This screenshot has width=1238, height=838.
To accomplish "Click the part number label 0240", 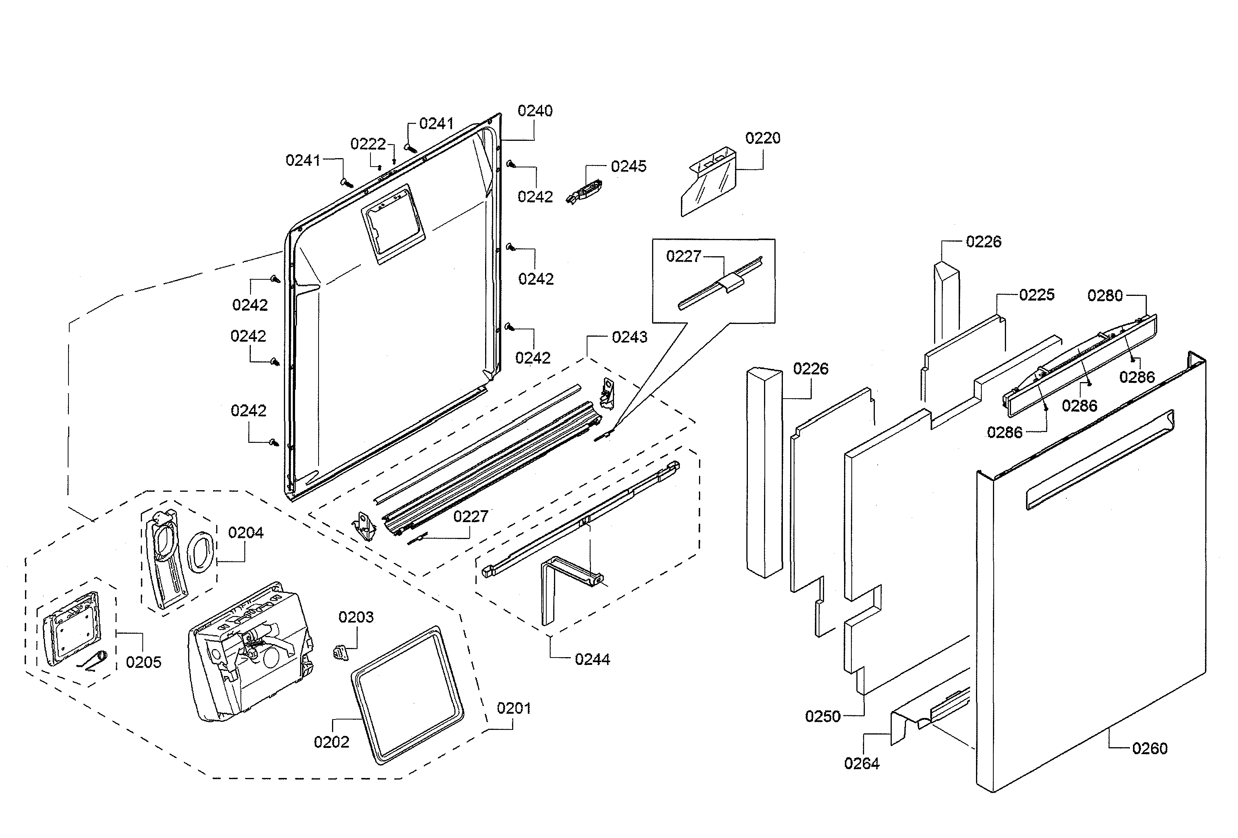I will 535,111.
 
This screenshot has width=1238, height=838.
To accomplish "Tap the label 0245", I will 628,166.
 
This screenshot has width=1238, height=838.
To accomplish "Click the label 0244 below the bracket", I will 592,659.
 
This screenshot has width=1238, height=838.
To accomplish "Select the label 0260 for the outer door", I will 1149,748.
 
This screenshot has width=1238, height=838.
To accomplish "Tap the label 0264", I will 861,763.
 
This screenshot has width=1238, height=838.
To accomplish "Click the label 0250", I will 823,716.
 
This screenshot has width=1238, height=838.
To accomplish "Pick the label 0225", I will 1036,295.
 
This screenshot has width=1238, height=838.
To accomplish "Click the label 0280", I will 1105,295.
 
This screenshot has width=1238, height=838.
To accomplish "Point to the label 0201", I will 514,709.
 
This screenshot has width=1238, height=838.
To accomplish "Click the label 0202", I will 331,742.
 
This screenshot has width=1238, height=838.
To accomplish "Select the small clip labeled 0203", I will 340,651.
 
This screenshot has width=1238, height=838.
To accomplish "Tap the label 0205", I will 143,662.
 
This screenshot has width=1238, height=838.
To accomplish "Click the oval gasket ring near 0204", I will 201,551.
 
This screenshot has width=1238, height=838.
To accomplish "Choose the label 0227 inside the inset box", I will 684,256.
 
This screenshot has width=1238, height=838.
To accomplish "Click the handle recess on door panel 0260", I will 1099,460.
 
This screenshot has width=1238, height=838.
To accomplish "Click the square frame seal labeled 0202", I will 407,695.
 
